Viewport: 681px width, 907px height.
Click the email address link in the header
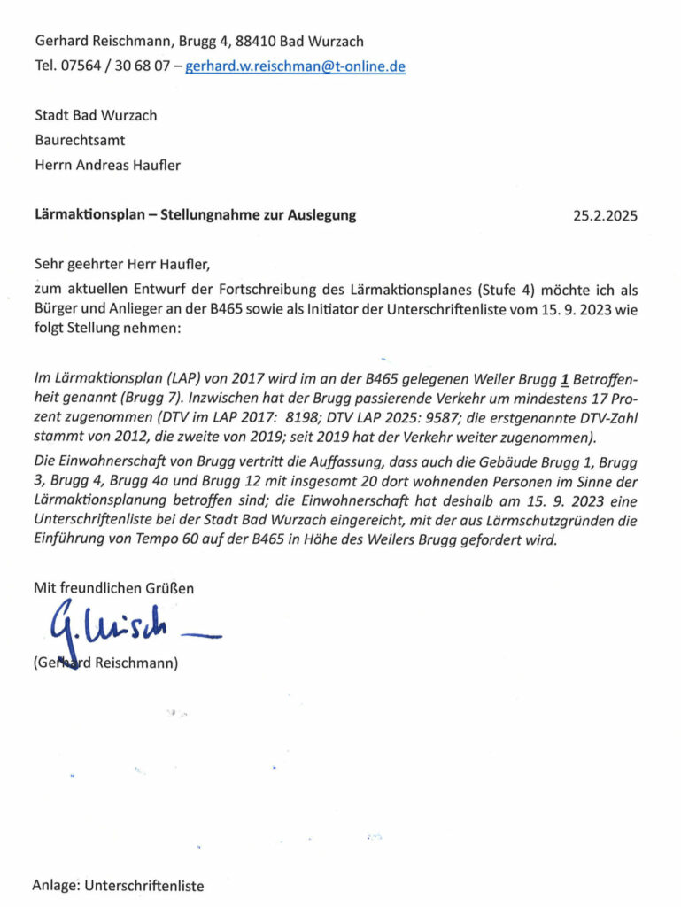pyautogui.click(x=295, y=66)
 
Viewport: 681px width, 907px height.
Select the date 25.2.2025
pyautogui.click(x=605, y=215)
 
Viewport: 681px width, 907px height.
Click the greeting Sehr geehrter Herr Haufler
pyautogui.click(x=123, y=264)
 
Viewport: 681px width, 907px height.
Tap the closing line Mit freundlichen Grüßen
pyautogui.click(x=113, y=587)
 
